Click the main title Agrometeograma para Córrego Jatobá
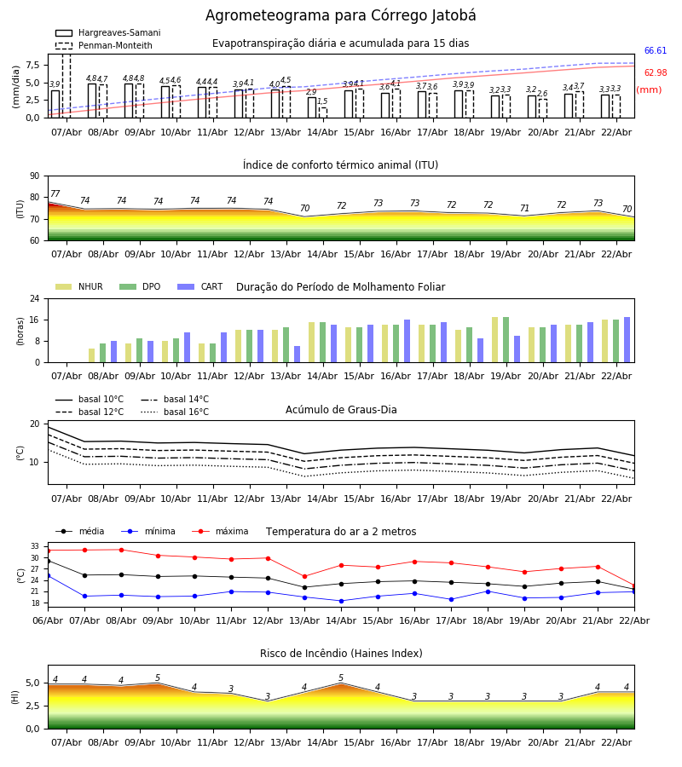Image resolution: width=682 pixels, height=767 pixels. [340, 16]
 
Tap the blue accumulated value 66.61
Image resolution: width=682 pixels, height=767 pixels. [655, 51]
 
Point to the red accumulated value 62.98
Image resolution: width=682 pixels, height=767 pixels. [655, 73]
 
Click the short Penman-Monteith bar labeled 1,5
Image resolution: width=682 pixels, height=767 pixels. [322, 112]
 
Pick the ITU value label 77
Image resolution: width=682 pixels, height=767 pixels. [55, 194]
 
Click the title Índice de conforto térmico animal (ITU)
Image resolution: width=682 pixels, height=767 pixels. [340, 165]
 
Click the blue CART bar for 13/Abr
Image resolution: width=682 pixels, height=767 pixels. [297, 354]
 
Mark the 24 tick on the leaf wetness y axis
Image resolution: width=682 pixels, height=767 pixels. [38, 299]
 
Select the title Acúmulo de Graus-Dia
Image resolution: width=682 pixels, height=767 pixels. [340, 410]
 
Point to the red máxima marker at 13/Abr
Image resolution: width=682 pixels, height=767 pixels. [304, 576]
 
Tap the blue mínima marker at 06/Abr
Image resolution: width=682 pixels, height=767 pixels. [48, 575]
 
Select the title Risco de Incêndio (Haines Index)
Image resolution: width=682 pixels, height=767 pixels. [340, 654]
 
